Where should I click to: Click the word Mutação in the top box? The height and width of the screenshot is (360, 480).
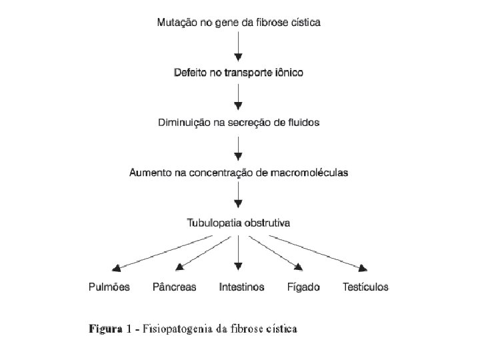coord(177,22)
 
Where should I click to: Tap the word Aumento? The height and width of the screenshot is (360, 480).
coord(150,173)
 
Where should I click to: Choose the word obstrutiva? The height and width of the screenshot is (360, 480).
coord(268,222)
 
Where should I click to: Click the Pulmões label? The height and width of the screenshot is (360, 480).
coord(109,287)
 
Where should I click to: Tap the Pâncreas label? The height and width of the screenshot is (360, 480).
coord(175,287)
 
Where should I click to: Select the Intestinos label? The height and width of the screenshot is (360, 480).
coord(241,287)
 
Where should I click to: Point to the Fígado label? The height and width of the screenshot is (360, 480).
coord(303,287)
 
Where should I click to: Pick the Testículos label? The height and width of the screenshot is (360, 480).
coord(365,287)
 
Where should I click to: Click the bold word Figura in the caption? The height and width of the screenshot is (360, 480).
coord(107,329)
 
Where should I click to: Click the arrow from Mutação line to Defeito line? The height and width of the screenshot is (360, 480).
coord(239,47)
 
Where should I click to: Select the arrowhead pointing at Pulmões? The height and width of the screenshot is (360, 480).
coord(116,268)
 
